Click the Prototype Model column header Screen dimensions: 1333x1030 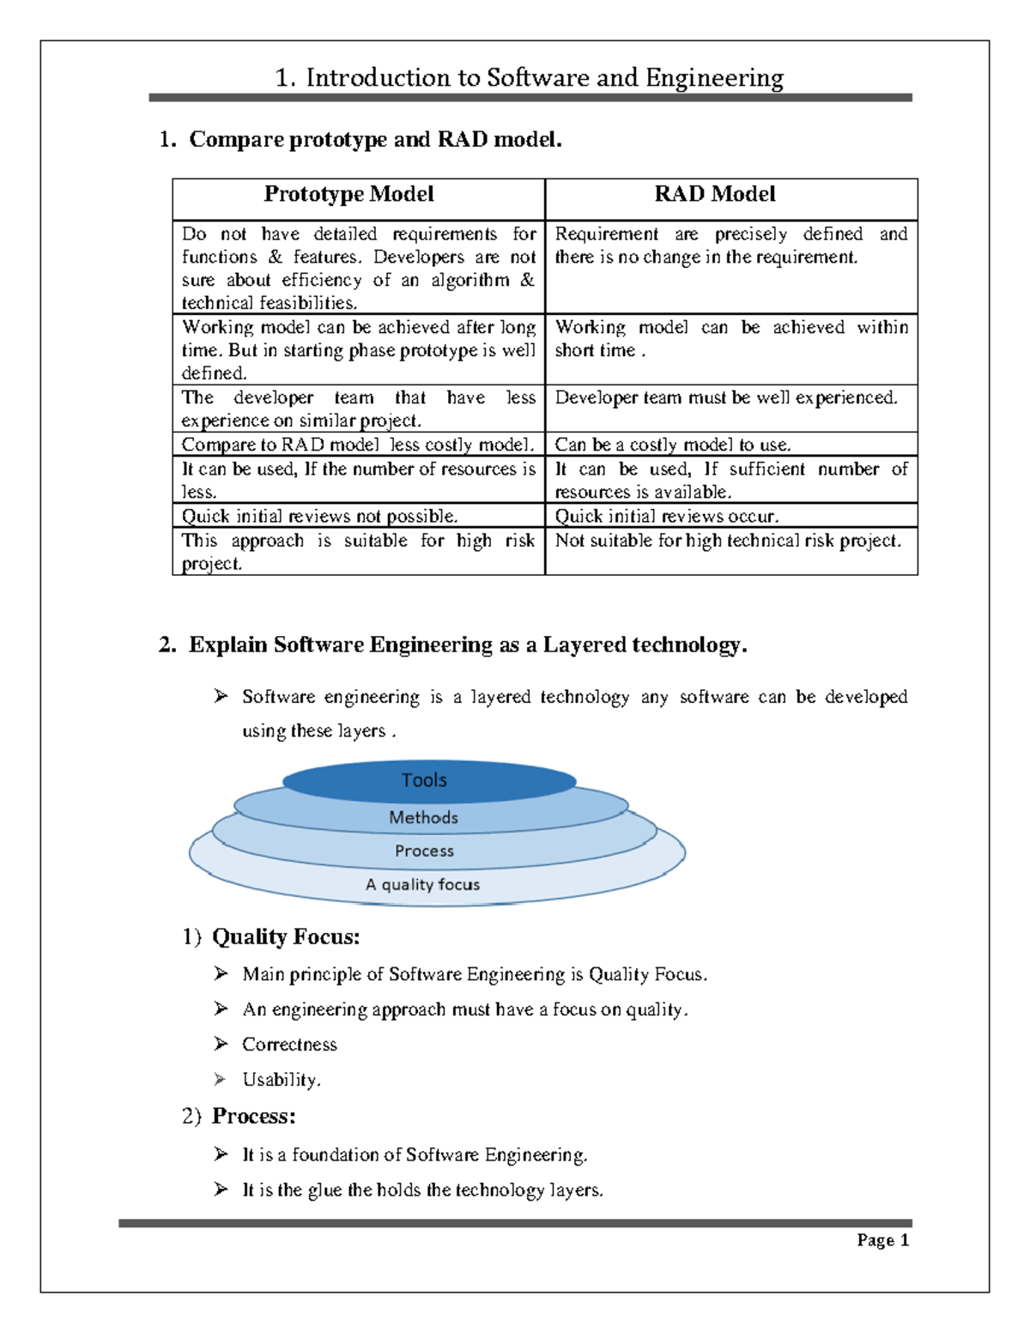tap(348, 195)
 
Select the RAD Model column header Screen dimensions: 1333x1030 tap(715, 195)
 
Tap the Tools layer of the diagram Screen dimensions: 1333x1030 tap(424, 780)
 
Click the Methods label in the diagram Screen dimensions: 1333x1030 tap(423, 818)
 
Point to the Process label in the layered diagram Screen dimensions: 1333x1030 tap(424, 851)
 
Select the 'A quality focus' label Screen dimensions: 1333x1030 tap(422, 885)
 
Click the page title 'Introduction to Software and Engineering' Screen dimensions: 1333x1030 tap(529, 78)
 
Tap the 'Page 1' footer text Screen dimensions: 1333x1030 tap(882, 1240)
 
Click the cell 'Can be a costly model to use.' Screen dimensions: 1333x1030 tap(673, 445)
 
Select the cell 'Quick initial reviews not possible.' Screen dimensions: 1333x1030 tap(319, 516)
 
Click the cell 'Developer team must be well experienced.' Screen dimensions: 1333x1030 tap(726, 397)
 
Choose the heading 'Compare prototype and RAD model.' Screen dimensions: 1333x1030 tap(375, 139)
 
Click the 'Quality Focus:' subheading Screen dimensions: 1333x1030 tap(286, 936)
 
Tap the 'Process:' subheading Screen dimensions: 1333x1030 tap(253, 1116)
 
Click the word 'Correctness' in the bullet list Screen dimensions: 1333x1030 tap(289, 1045)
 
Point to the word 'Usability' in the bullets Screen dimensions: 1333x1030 tap(280, 1080)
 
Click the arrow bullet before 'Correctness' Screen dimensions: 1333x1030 tap(221, 1044)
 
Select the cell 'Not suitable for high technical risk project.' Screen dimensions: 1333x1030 tap(728, 541)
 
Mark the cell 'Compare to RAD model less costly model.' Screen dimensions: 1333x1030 tap(358, 445)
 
